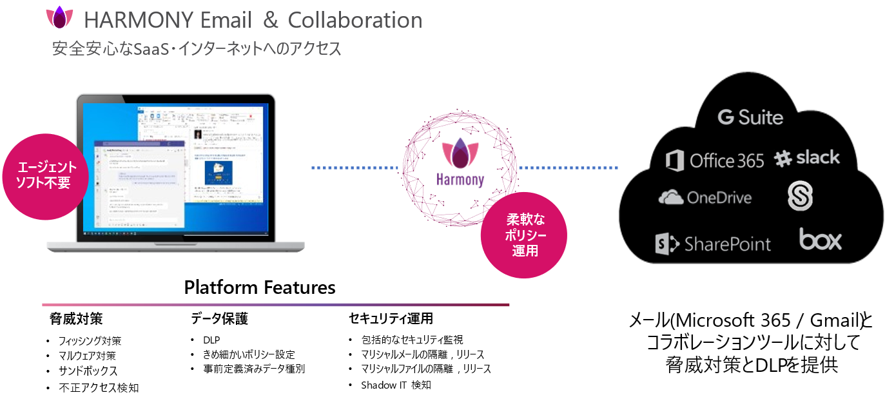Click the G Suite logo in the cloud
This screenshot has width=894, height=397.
pyautogui.click(x=750, y=117)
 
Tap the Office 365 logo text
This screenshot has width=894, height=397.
pyautogui.click(x=726, y=160)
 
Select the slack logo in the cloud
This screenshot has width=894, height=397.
pyautogui.click(x=807, y=158)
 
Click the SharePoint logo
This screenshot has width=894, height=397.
pyautogui.click(x=713, y=244)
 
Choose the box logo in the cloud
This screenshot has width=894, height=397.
pyautogui.click(x=821, y=240)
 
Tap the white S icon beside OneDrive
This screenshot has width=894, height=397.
pyautogui.click(x=800, y=196)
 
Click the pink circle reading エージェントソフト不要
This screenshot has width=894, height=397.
pyautogui.click(x=46, y=175)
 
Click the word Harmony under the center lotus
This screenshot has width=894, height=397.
pyautogui.click(x=460, y=180)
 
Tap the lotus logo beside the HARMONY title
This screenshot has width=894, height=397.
pyautogui.click(x=59, y=17)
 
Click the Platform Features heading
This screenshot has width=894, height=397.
pyautogui.click(x=260, y=287)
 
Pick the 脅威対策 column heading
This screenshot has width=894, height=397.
pyautogui.click(x=76, y=318)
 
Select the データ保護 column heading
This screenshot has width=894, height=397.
pyautogui.click(x=219, y=318)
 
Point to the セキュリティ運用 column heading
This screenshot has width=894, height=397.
pyautogui.click(x=391, y=318)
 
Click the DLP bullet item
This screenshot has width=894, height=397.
pyautogui.click(x=211, y=340)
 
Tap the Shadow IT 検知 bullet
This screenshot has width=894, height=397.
pyautogui.click(x=396, y=385)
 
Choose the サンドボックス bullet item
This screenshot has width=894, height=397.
pyautogui.click(x=88, y=371)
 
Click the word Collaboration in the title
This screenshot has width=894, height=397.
pyautogui.click(x=355, y=20)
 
